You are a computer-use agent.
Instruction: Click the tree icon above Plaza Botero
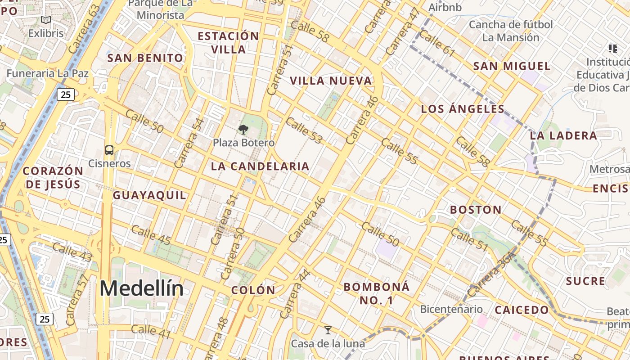coord(243,130)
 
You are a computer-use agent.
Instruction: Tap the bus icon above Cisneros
coord(109,150)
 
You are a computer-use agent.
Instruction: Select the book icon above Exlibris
coord(46,20)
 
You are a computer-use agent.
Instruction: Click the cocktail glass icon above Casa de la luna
coord(328,331)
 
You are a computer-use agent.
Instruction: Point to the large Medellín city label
coord(141,288)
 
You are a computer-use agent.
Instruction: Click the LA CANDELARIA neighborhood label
coord(260,166)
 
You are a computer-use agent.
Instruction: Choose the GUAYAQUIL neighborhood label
coord(149,195)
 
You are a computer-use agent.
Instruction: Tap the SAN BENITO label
coord(145,58)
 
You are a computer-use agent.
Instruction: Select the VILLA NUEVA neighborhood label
coord(331,81)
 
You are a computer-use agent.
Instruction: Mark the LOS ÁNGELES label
coord(463,109)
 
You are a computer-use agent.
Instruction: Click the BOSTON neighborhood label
coord(476,210)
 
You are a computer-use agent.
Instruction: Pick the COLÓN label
coord(253,290)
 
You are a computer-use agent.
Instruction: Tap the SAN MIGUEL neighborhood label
coord(512,67)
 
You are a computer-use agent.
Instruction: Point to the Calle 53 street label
coord(304,130)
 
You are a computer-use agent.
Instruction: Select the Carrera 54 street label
coord(189,143)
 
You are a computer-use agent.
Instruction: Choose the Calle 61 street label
coord(437,44)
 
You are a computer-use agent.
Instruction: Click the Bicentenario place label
coord(451,310)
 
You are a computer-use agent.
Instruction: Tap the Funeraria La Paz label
coord(47,73)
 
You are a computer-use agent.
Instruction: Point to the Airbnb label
coord(445,8)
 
